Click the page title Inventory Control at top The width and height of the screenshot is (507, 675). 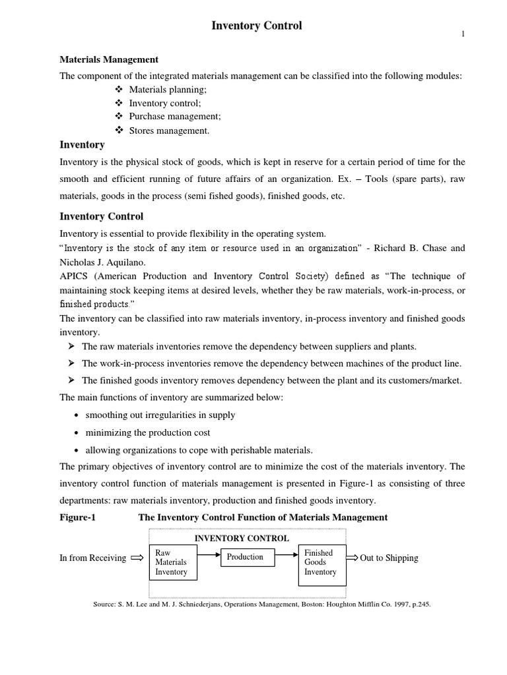click(256, 26)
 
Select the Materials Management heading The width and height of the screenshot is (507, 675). click(109, 60)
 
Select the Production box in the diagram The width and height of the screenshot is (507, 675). click(245, 557)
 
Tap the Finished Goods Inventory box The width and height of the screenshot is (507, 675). click(320, 562)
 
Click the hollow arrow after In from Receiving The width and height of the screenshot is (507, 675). click(137, 558)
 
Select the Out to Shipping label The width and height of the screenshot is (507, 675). click(389, 558)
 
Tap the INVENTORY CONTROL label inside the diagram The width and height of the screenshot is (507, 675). click(241, 538)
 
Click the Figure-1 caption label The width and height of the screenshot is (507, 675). click(78, 517)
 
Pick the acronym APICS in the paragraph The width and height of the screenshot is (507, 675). click(73, 276)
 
